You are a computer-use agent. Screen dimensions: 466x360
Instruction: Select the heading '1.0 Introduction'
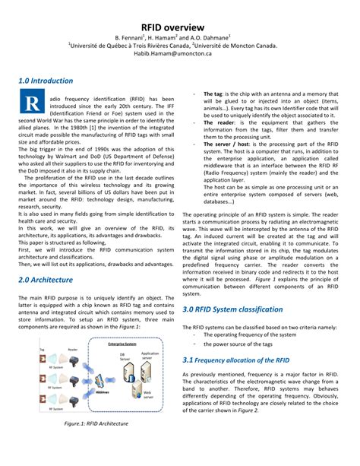[46, 80]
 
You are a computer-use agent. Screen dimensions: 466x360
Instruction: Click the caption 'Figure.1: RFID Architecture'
[96, 423]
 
